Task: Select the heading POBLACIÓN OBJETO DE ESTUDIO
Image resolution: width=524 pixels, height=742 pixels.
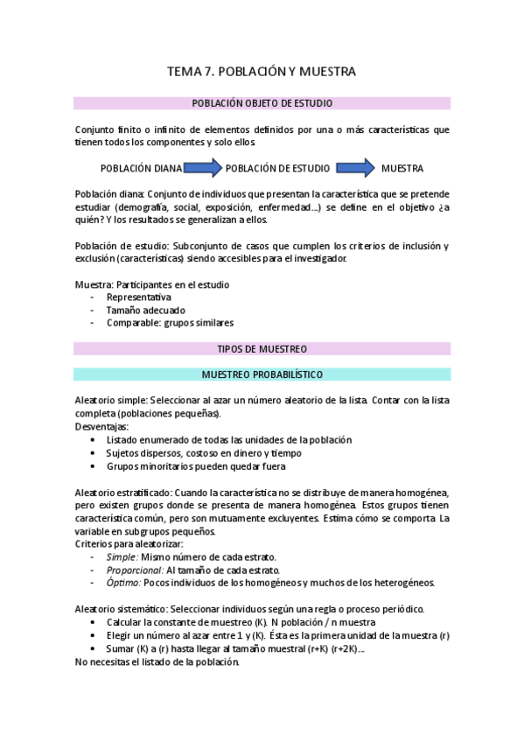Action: pyautogui.click(x=262, y=103)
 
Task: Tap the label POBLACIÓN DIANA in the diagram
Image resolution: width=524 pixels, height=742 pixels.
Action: pyautogui.click(x=141, y=167)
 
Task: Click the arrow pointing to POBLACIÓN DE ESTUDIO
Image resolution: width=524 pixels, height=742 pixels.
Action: pyautogui.click(x=203, y=166)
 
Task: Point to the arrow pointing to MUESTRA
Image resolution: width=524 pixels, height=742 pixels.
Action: pyautogui.click(x=354, y=166)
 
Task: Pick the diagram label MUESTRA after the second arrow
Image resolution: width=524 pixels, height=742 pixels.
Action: pyautogui.click(x=402, y=167)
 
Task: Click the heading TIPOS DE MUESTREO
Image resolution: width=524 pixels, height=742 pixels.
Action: pyautogui.click(x=262, y=348)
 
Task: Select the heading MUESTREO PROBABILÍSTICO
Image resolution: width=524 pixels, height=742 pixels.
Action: pyautogui.click(x=262, y=374)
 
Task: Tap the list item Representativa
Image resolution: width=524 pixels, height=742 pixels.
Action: pyautogui.click(x=139, y=297)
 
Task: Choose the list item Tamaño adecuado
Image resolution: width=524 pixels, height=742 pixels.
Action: pyautogui.click(x=145, y=310)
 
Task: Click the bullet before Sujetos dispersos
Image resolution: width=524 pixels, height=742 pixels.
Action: pyautogui.click(x=94, y=453)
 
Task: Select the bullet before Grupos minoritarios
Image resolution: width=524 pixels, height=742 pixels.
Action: pyautogui.click(x=94, y=466)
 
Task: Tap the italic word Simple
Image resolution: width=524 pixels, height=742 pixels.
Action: pyautogui.click(x=122, y=556)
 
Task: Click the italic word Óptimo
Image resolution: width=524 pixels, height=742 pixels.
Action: pyautogui.click(x=122, y=583)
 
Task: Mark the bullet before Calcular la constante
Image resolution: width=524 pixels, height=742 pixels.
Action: pyautogui.click(x=94, y=622)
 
